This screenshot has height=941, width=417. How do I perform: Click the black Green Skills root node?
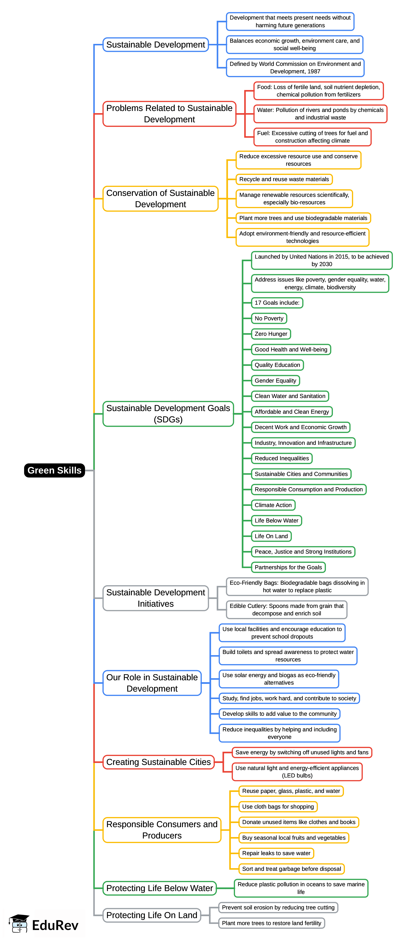point(54,470)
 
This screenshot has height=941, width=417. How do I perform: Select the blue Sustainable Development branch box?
point(155,45)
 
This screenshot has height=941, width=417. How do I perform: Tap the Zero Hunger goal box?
point(271,334)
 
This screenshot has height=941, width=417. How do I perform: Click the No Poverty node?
point(269,318)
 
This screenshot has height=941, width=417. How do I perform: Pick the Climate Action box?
point(273,505)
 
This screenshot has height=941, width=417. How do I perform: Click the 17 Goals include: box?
point(277,303)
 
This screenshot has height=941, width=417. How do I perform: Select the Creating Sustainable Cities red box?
point(158,762)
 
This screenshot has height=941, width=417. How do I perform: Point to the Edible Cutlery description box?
point(286,610)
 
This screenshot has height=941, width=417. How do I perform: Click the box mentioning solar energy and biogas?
point(279,679)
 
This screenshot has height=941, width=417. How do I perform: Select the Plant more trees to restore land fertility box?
point(271,923)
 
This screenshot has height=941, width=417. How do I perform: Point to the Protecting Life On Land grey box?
point(152,915)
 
